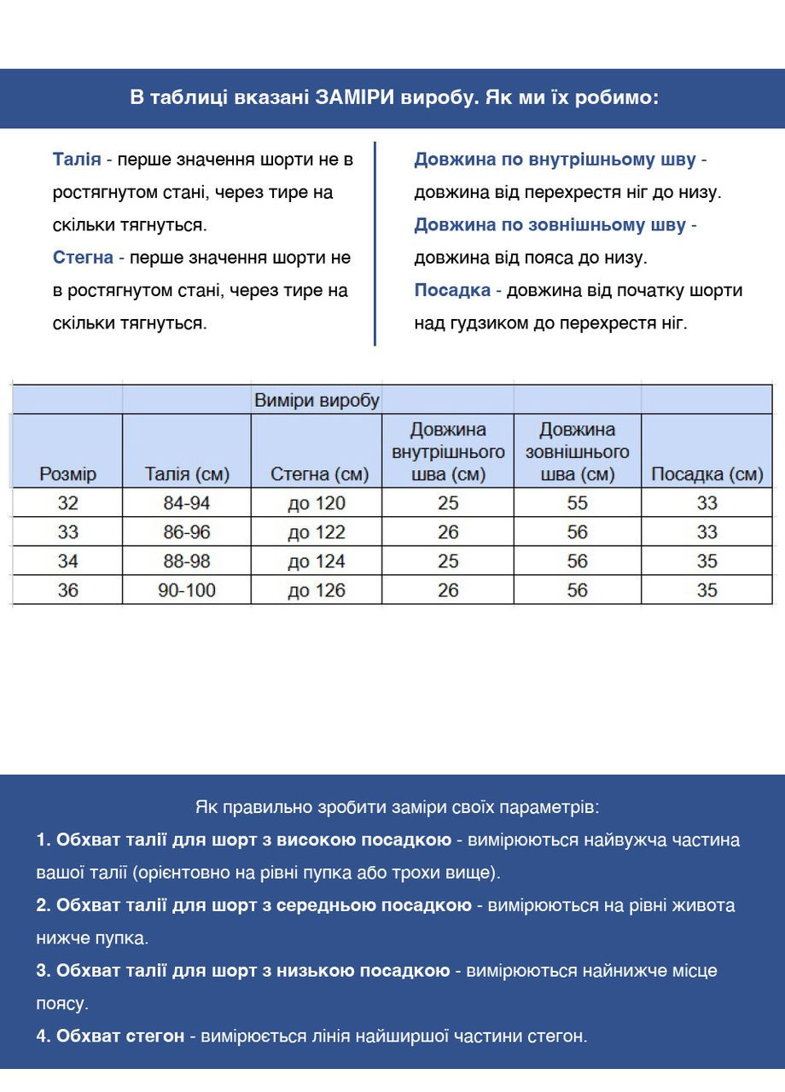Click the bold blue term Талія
[x=77, y=160]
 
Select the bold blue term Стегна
[x=83, y=258]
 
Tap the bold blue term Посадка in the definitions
[x=452, y=290]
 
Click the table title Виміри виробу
[x=317, y=400]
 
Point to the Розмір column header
[x=67, y=474]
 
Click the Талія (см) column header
[x=187, y=474]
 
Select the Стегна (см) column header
[x=319, y=474]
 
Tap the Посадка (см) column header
[x=706, y=474]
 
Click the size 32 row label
[x=67, y=503]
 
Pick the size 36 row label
[x=67, y=590]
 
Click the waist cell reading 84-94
[x=187, y=503]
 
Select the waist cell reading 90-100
[x=187, y=590]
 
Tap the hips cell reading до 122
[x=317, y=532]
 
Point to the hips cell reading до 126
[x=317, y=590]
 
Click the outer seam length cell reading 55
[x=578, y=503]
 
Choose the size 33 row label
[x=67, y=532]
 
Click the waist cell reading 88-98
[x=187, y=561]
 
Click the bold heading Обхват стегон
[x=120, y=1036]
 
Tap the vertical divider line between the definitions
[x=375, y=243]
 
